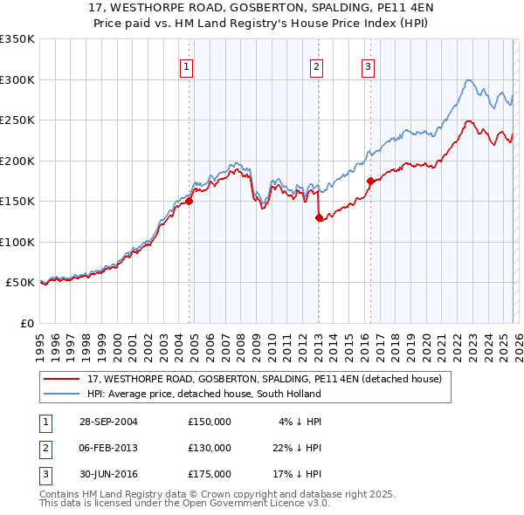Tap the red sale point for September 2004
189,201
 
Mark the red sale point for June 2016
370,181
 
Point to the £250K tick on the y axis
17,120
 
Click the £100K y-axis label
17,242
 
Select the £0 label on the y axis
26,323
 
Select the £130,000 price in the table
210,448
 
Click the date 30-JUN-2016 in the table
106,474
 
